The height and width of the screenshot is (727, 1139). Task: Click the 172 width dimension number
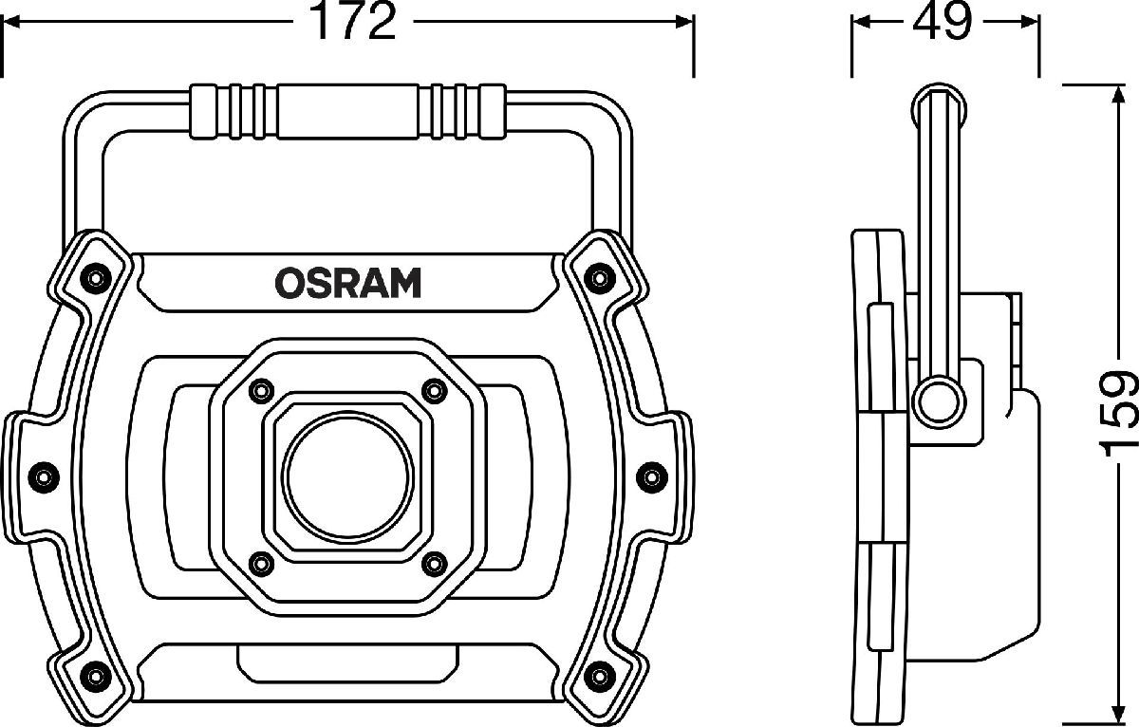pyautogui.click(x=354, y=21)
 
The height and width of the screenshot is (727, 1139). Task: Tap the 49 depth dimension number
pyautogui.click(x=942, y=21)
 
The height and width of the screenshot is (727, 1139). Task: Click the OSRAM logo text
pyautogui.click(x=348, y=283)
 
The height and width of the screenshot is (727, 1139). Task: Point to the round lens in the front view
pyautogui.click(x=348, y=477)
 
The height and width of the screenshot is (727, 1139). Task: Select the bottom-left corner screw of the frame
pyautogui.click(x=94, y=677)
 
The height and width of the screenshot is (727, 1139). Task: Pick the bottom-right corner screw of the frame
pyautogui.click(x=600, y=677)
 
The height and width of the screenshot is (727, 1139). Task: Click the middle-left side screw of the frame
pyautogui.click(x=44, y=477)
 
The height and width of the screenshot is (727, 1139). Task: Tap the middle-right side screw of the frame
pyautogui.click(x=652, y=477)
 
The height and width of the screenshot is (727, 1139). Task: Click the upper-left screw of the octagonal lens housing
pyautogui.click(x=261, y=390)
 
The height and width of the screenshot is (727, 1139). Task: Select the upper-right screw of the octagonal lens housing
pyautogui.click(x=435, y=391)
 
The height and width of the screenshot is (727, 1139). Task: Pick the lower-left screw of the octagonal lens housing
pyautogui.click(x=261, y=564)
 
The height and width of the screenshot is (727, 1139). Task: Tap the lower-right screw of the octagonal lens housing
pyautogui.click(x=435, y=564)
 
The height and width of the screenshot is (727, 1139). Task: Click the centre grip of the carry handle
pyautogui.click(x=347, y=111)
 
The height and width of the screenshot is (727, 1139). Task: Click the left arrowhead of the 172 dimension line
pyautogui.click(x=11, y=21)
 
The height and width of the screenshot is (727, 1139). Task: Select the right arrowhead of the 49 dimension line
pyautogui.click(x=1029, y=22)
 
